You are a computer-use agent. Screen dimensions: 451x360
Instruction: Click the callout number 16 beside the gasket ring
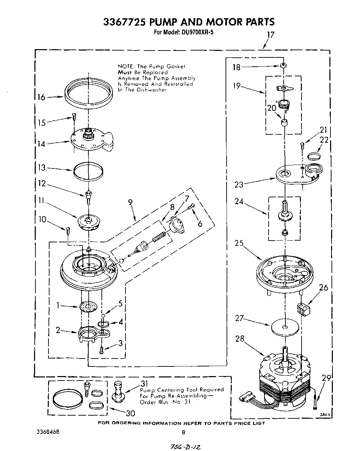(41, 97)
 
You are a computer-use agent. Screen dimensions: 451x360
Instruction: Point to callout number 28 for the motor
(240, 339)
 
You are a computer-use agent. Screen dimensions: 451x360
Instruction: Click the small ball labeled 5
(103, 315)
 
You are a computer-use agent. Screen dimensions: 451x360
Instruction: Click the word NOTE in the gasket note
(126, 66)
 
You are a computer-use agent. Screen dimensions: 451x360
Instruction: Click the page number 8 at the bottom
(184, 432)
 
